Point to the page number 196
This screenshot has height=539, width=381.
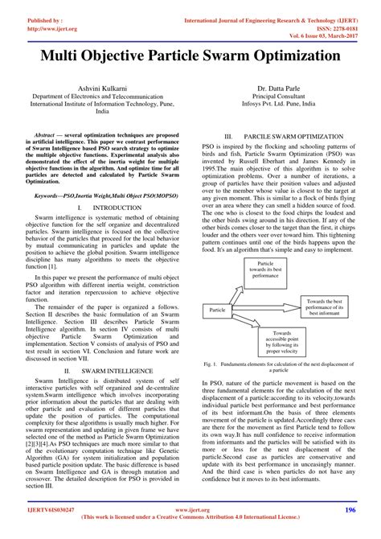350,511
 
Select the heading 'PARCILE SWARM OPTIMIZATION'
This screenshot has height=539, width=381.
288,138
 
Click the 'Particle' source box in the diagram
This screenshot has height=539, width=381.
217,310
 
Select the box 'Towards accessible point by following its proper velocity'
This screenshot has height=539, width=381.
281,342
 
